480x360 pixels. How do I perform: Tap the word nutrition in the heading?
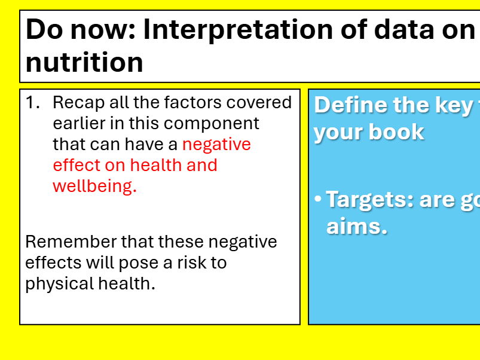[x=84, y=62]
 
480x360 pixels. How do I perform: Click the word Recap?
[x=75, y=103]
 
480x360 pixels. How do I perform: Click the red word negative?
[x=216, y=145]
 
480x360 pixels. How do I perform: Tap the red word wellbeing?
[x=94, y=187]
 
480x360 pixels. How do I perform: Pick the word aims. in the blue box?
[x=356, y=226]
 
